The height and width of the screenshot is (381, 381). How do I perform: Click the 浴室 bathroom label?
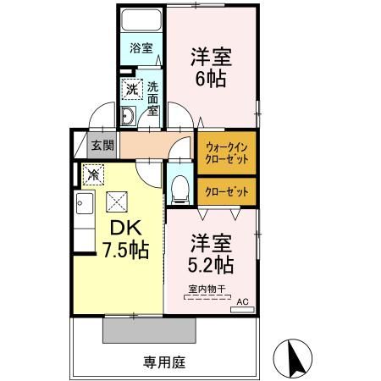coord(141,48)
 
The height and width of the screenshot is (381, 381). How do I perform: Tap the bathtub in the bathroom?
coord(141,22)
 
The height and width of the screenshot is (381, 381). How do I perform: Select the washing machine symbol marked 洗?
coord(131,86)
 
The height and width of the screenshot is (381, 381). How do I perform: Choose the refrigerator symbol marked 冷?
coord(92,174)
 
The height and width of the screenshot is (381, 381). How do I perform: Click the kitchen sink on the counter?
coord(85,204)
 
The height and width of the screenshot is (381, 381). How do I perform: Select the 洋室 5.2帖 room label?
coord(212,252)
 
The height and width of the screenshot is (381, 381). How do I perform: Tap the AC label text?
coord(243,301)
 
